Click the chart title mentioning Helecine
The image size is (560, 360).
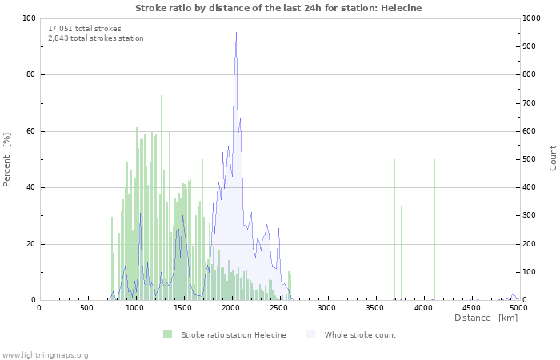pyautogui.click(x=278, y=8)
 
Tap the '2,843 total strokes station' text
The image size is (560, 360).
pyautogui.click(x=96, y=38)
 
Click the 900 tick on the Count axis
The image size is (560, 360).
pyautogui.click(x=531, y=46)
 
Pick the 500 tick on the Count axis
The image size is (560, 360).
pyautogui.click(x=531, y=159)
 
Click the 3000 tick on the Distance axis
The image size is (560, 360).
pyautogui.click(x=326, y=307)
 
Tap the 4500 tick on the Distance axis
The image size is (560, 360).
pyautogui.click(x=470, y=307)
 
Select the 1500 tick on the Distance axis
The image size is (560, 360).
pyautogui.click(x=182, y=307)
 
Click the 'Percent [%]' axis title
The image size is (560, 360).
pyautogui.click(x=7, y=159)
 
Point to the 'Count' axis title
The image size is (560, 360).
pyautogui.click(x=553, y=158)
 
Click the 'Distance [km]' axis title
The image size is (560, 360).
pyautogui.click(x=486, y=318)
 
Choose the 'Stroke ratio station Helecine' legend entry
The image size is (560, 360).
pyautogui.click(x=225, y=334)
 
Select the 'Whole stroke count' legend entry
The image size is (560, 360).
pyautogui.click(x=352, y=334)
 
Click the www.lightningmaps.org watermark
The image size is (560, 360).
pyautogui.click(x=45, y=354)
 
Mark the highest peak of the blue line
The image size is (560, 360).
pyautogui.click(x=236, y=33)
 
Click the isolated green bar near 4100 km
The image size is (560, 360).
pyautogui.click(x=434, y=232)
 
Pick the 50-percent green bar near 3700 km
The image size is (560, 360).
pyautogui.click(x=394, y=232)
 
